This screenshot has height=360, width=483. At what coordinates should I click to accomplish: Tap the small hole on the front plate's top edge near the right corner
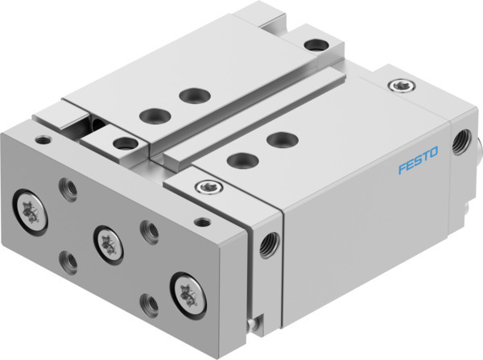pos(202,221)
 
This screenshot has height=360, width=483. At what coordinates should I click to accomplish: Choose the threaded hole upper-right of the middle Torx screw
pos(147,230)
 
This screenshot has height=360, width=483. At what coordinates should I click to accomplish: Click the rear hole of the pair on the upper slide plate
pos(191,97)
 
